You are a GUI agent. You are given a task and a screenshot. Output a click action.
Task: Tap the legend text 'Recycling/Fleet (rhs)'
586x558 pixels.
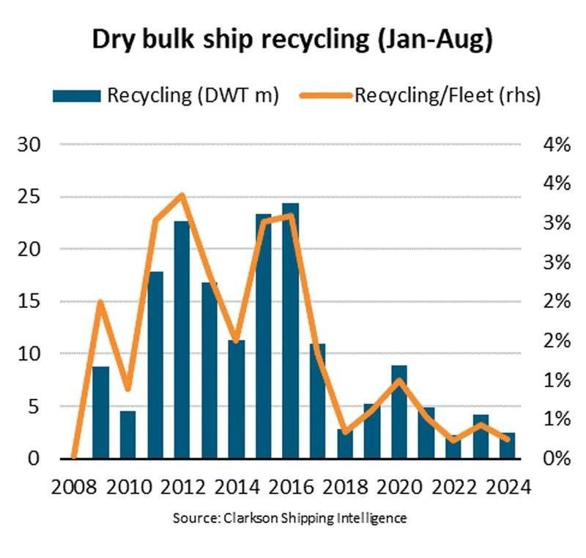(447, 95)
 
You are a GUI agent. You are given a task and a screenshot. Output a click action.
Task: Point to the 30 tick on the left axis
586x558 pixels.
(29, 144)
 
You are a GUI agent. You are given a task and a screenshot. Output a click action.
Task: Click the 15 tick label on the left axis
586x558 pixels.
(29, 301)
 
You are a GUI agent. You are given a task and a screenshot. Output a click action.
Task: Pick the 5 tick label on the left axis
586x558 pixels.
(34, 406)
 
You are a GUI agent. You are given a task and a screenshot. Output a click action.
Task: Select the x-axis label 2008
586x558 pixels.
(73, 486)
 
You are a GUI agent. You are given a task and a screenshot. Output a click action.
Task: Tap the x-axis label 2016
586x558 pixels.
(291, 486)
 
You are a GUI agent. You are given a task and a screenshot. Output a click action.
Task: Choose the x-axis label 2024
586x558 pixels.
(508, 486)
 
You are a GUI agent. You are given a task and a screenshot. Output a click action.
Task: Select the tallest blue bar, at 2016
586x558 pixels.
(290, 331)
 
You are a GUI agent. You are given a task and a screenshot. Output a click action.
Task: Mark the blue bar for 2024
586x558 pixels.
(508, 446)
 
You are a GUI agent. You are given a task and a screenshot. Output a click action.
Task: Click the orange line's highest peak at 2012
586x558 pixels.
(182, 194)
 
